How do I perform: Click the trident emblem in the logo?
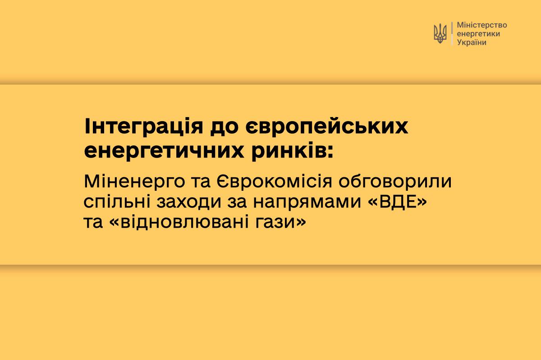click(440, 33)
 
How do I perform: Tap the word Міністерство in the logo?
click(482, 25)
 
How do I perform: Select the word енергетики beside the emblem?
click(478, 34)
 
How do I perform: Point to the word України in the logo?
click(472, 42)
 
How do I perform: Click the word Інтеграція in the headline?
click(144, 127)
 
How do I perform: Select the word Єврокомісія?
click(275, 181)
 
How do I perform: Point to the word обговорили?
click(395, 181)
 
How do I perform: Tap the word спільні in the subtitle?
click(117, 202)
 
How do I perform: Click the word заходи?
click(188, 202)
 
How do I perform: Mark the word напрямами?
click(307, 202)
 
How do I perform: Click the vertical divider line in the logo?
click(452, 33)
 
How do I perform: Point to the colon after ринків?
click(330, 152)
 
